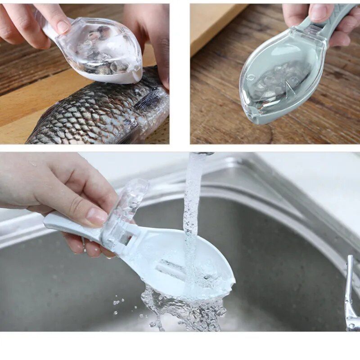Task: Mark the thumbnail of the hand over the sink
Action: click(x=97, y=216)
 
